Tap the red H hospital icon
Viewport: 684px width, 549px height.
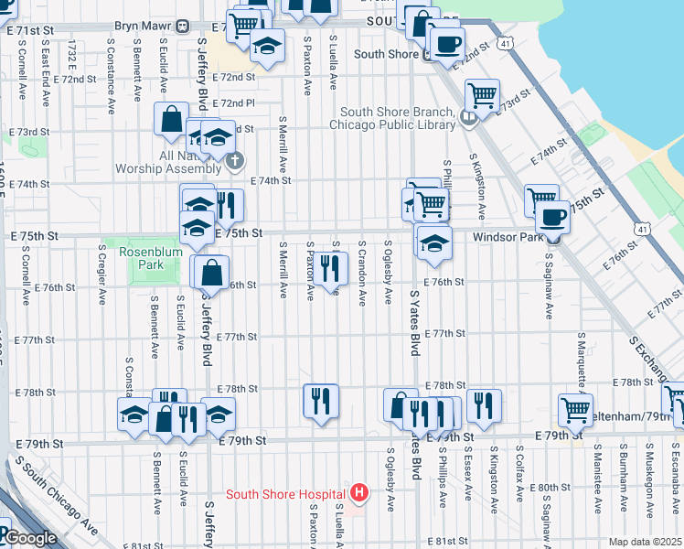coord(359,494)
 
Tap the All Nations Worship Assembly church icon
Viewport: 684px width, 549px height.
coord(234,163)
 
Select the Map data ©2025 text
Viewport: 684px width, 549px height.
coord(645,542)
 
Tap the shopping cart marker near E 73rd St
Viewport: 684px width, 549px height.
coord(482,93)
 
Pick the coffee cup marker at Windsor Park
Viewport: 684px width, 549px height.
coord(552,218)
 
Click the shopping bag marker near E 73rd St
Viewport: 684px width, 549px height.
coord(171,119)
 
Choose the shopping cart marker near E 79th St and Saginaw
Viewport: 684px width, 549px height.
coord(575,409)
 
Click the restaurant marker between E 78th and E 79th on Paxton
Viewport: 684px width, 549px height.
coord(321,401)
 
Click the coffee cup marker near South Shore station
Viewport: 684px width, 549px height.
coord(446,43)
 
